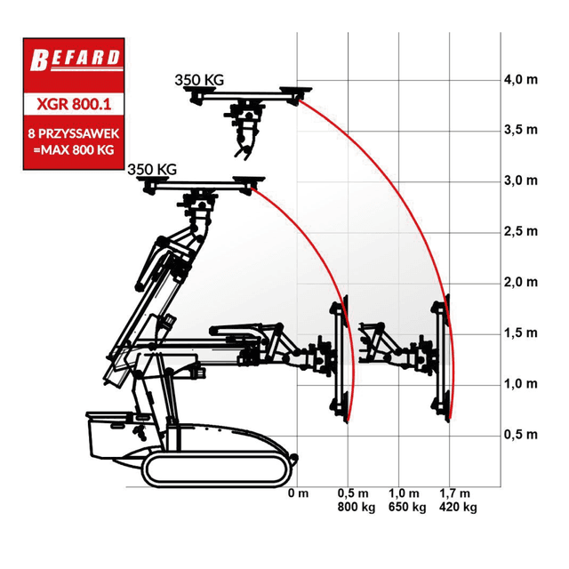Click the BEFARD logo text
click(76, 60)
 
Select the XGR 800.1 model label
click(74, 105)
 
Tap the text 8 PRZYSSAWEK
click(74, 133)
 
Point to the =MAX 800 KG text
click(74, 150)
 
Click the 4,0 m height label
click(521, 79)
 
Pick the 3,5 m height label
click(521, 130)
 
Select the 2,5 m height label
click(521, 231)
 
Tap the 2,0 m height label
click(521, 282)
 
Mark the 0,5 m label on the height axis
click(521, 435)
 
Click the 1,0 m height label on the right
click(521, 383)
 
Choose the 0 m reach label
click(299, 493)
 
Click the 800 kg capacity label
click(357, 507)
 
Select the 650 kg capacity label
click(407, 507)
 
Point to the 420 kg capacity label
click(458, 507)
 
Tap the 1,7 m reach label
click(454, 493)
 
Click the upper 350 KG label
click(199, 80)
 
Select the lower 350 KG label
click(152, 170)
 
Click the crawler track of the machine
click(215, 469)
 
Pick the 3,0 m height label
click(521, 180)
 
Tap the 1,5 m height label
click(521, 333)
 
